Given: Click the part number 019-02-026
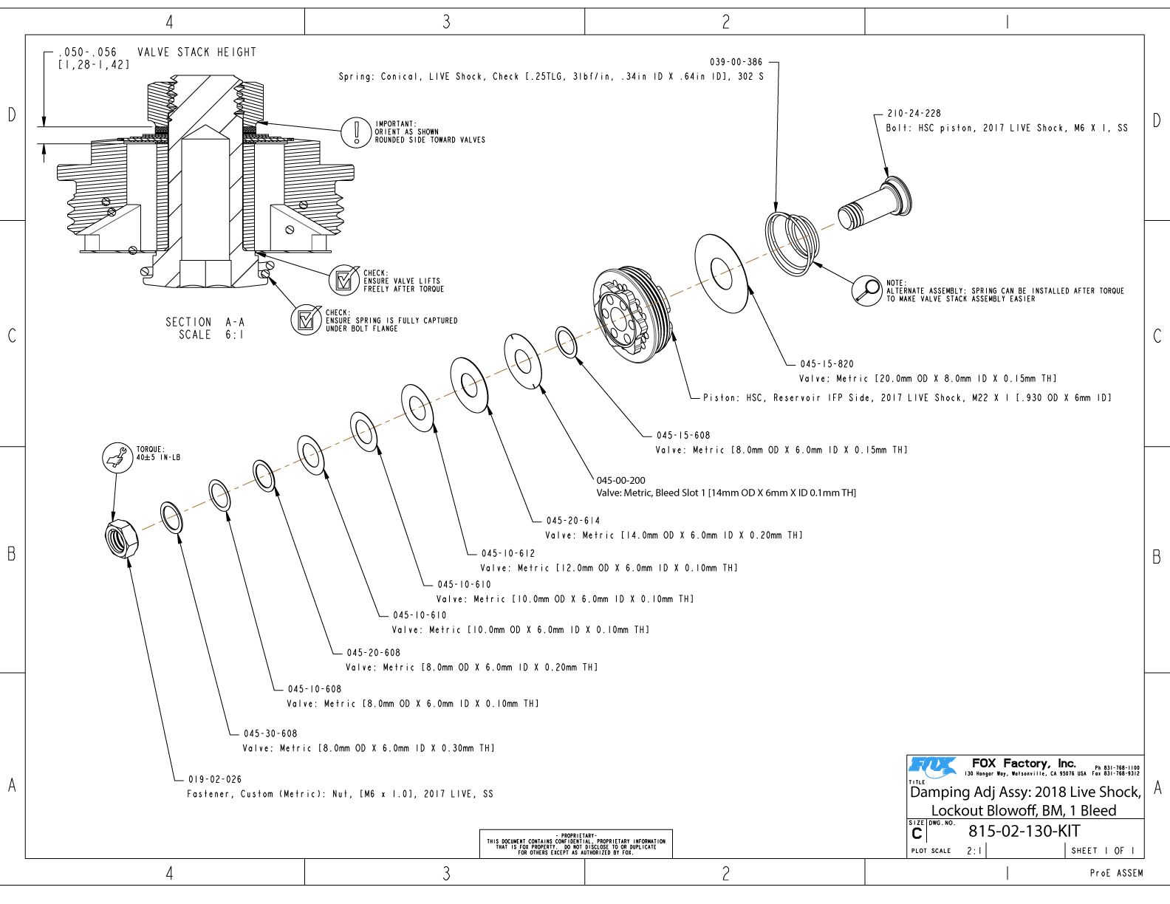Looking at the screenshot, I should tap(215, 779).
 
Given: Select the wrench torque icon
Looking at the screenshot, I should tap(115, 457).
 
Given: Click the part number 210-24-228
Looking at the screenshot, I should tap(914, 114).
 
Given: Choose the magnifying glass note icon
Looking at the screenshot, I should tap(866, 290).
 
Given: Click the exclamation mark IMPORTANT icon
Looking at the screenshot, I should tap(356, 132).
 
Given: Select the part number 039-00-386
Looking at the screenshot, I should tap(736, 62).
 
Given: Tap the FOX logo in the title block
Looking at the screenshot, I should tap(932, 767).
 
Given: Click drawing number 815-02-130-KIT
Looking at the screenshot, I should tap(1024, 831).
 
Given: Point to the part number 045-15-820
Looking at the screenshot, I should tap(827, 364).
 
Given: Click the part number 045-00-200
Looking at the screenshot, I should tap(620, 480).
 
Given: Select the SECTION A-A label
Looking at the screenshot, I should tap(205, 322).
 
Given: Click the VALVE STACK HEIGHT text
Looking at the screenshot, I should tap(196, 52).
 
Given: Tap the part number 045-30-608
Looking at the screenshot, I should tap(270, 733).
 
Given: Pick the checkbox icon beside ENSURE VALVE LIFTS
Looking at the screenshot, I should tap(343, 281).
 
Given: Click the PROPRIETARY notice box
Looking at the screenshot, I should tap(575, 843).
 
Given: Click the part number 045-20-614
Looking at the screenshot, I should tap(573, 521).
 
